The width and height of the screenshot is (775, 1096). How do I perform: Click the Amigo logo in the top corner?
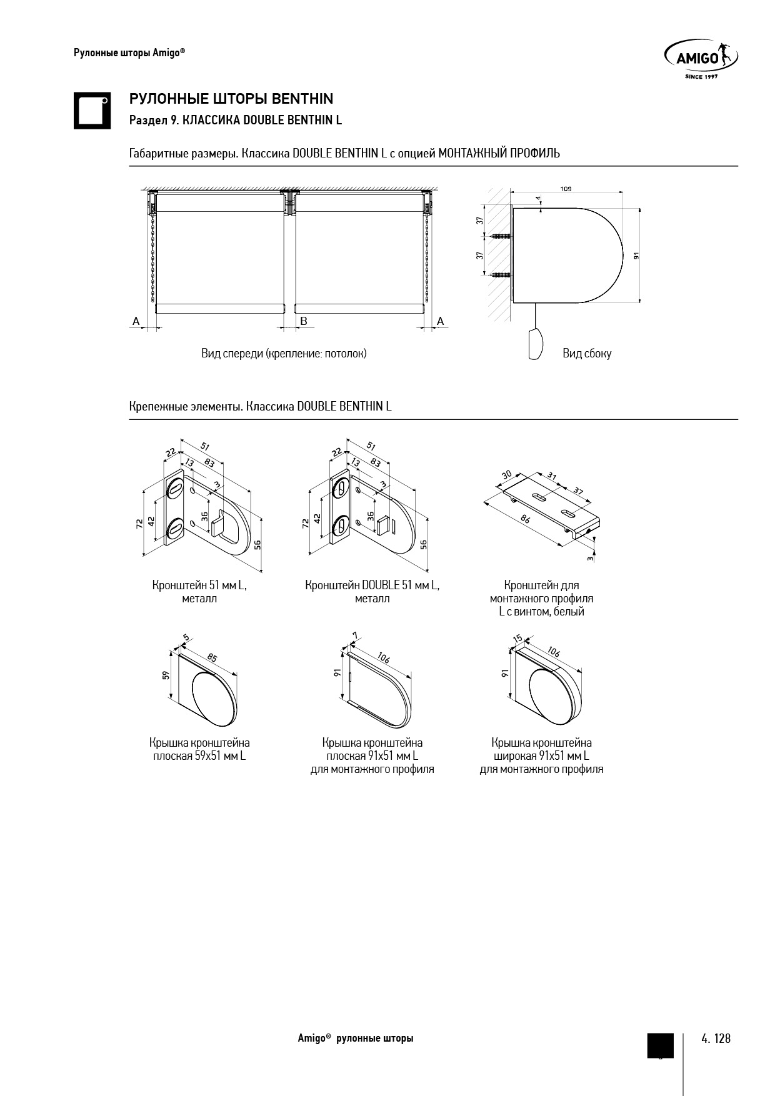(701, 59)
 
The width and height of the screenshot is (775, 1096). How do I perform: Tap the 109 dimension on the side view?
(566, 188)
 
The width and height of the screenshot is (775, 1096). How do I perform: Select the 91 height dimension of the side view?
(636, 255)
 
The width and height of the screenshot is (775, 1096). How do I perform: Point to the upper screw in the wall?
(501, 236)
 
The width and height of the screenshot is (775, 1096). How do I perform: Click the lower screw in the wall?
(501, 274)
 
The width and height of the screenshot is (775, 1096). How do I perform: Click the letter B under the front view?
(304, 321)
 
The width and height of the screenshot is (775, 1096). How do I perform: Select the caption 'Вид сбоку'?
(587, 354)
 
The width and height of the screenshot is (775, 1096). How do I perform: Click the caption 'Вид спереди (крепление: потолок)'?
(284, 354)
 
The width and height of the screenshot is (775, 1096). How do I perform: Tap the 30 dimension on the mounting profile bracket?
(506, 476)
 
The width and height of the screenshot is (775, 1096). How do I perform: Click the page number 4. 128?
(716, 1039)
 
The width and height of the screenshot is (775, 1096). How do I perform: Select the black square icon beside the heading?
(92, 111)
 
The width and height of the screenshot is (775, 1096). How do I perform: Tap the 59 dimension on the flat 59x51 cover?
(166, 675)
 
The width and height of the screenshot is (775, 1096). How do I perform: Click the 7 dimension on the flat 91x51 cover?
(355, 635)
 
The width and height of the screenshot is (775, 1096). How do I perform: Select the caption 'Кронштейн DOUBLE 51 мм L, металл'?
(372, 592)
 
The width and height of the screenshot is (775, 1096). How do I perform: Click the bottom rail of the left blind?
(221, 308)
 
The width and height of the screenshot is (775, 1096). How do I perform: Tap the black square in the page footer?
(660, 1045)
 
